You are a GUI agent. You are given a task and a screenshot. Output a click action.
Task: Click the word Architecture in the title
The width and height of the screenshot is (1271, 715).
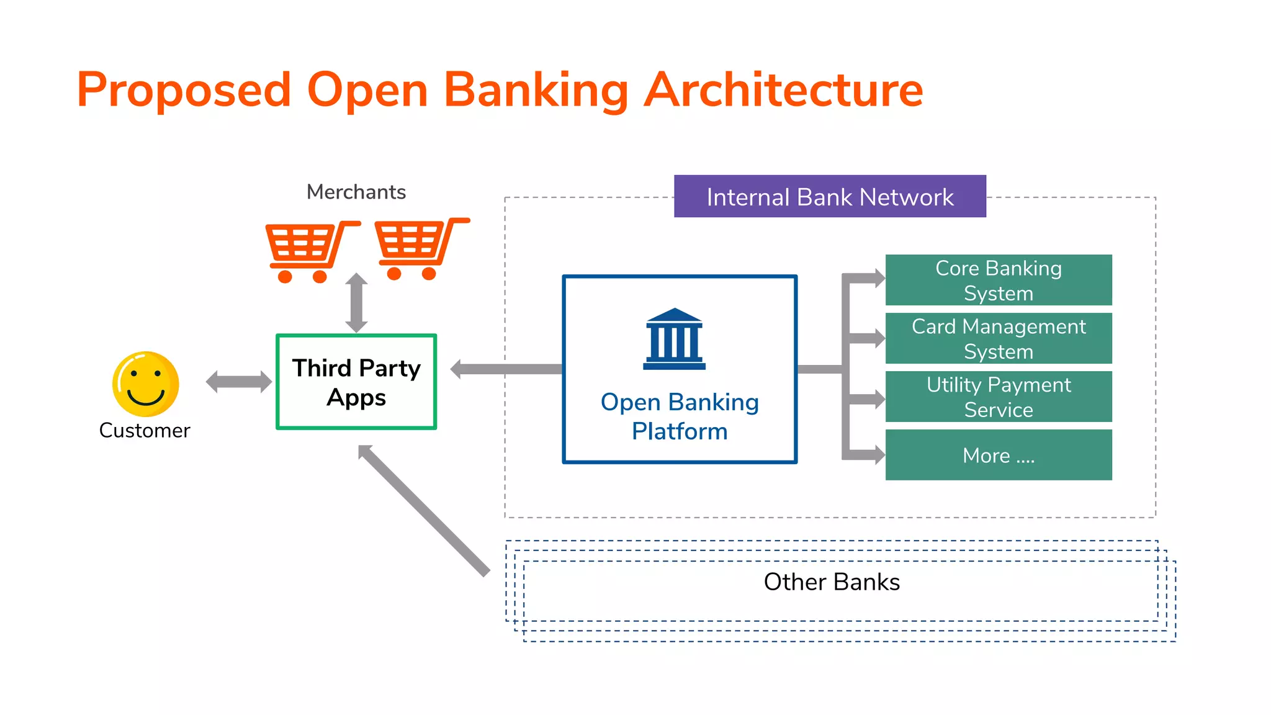783,90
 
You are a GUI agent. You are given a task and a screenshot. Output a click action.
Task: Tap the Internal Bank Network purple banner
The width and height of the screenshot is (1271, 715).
830,197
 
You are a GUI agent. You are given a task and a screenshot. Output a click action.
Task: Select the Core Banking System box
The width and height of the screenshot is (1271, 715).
998,280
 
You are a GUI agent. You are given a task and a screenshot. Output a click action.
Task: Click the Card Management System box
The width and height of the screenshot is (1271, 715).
998,338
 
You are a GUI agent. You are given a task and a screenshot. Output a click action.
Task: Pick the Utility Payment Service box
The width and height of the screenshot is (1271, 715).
998,397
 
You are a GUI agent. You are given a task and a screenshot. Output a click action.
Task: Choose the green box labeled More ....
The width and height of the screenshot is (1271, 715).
998,455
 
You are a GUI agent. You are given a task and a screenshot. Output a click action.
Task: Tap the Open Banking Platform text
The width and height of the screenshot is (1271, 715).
680,416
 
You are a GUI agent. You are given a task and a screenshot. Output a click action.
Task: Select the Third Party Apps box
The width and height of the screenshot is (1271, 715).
356,382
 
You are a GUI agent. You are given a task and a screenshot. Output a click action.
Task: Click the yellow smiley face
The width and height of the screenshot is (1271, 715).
146,384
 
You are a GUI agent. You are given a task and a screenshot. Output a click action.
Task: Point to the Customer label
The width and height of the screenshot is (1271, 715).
145,430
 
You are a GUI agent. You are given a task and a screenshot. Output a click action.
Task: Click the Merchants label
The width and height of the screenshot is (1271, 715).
356,192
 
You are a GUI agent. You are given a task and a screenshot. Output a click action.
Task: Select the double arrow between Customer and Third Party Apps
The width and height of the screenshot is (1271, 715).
239,382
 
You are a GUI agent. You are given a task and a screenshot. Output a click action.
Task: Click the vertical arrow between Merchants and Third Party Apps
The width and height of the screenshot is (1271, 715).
356,303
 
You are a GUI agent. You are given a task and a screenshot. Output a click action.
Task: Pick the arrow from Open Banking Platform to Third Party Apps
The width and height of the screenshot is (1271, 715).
506,369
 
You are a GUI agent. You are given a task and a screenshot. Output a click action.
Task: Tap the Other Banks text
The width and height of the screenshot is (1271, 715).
832,582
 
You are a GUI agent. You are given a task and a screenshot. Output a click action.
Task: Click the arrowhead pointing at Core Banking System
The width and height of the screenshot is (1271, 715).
879,278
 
